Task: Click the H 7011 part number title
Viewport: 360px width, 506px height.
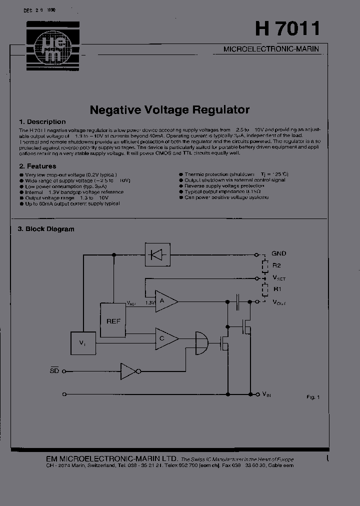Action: click(287, 28)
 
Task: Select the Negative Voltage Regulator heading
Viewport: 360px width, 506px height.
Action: click(169, 109)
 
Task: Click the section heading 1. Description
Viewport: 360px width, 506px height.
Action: click(42, 121)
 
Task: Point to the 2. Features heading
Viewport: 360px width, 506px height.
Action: click(37, 166)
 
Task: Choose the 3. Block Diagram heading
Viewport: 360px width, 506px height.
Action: click(46, 229)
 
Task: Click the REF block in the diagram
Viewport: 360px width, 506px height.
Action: click(113, 320)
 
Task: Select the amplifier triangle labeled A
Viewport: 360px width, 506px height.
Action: click(165, 301)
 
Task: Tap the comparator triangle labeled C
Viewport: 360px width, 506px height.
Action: click(165, 339)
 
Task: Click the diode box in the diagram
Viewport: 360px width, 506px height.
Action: click(157, 254)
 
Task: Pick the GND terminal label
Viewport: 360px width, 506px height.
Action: click(278, 253)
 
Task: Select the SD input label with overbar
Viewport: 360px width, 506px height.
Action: click(54, 371)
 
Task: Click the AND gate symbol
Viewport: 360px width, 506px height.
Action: click(201, 343)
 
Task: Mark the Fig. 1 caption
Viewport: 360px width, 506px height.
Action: click(312, 397)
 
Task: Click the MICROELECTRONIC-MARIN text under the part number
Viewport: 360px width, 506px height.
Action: click(270, 49)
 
